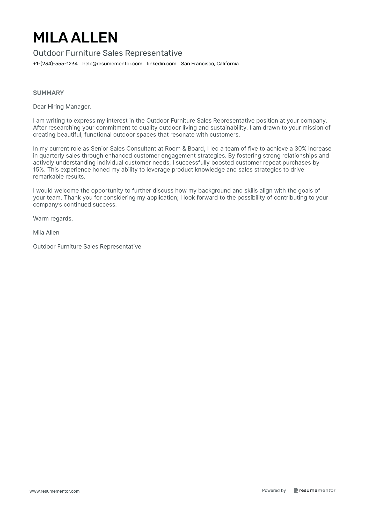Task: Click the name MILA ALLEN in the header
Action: point(75,38)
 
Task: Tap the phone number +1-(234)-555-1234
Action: point(55,64)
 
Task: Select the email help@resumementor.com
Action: point(112,64)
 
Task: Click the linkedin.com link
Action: point(162,64)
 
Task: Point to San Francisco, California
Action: point(210,64)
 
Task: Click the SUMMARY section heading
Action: point(48,93)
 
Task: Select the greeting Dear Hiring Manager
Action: point(62,107)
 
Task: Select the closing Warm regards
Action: point(53,219)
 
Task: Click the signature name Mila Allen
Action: point(46,233)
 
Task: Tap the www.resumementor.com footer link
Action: point(55,491)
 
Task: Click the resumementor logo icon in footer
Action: point(296,490)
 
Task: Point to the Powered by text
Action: point(274,490)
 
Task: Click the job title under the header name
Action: point(108,53)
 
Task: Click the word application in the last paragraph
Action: point(162,198)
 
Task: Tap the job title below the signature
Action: point(87,247)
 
